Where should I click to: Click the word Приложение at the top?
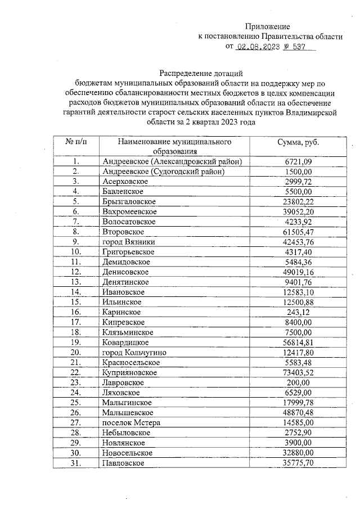pyautogui.click(x=268, y=26)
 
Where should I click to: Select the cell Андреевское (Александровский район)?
pyautogui.click(x=172, y=161)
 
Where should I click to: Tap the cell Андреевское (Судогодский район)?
pyautogui.click(x=164, y=172)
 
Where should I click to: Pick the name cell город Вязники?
pyautogui.click(x=129, y=242)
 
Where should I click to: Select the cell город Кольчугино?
pyautogui.click(x=137, y=352)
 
